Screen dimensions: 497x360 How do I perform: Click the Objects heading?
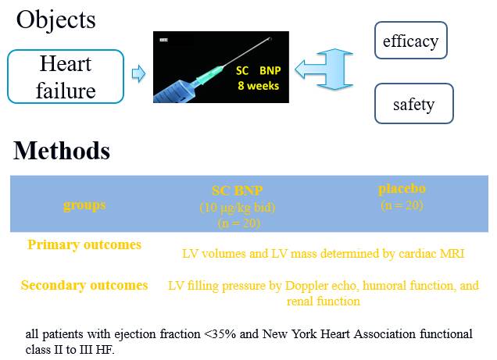(55, 20)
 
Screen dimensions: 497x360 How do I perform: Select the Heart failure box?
(66, 77)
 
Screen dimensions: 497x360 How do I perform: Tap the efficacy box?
(411, 40)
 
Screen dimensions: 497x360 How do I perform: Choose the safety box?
(414, 104)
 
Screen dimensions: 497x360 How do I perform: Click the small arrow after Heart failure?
(138, 73)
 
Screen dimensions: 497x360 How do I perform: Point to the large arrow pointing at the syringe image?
(324, 69)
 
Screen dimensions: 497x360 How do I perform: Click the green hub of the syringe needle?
(209, 73)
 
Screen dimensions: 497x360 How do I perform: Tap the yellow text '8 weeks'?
(259, 86)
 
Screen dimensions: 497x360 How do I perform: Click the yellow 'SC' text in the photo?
(242, 70)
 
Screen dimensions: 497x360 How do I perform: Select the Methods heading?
(62, 151)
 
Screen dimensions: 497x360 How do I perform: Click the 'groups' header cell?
(84, 205)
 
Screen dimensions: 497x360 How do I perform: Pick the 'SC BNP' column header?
(238, 191)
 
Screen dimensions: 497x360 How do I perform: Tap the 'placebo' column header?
(402, 189)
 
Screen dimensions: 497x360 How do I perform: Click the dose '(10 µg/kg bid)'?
(238, 208)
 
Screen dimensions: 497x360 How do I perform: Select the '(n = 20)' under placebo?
(402, 205)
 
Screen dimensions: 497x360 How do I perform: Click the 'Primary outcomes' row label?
(84, 244)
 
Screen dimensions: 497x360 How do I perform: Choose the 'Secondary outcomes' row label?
(84, 285)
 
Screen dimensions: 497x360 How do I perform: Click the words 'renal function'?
(324, 301)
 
